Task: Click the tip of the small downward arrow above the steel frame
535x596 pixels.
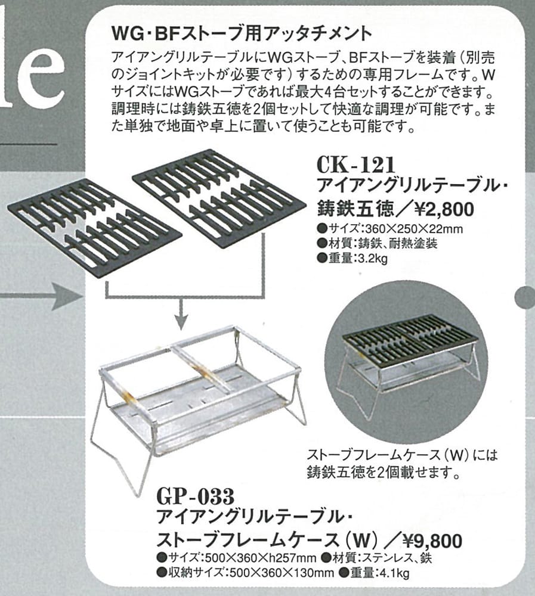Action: point(181,329)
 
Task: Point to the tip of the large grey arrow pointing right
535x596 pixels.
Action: point(82,296)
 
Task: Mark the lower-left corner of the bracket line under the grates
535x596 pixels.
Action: point(106,296)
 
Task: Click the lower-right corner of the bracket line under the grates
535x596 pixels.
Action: point(263,296)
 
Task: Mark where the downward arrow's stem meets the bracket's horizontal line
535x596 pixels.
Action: point(181,296)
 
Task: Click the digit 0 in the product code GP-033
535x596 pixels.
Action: point(200,496)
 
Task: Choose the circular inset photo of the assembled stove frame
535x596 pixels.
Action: point(406,362)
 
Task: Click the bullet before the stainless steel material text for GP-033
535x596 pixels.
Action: point(326,558)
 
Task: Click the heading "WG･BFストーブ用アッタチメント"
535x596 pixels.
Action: point(241,34)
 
